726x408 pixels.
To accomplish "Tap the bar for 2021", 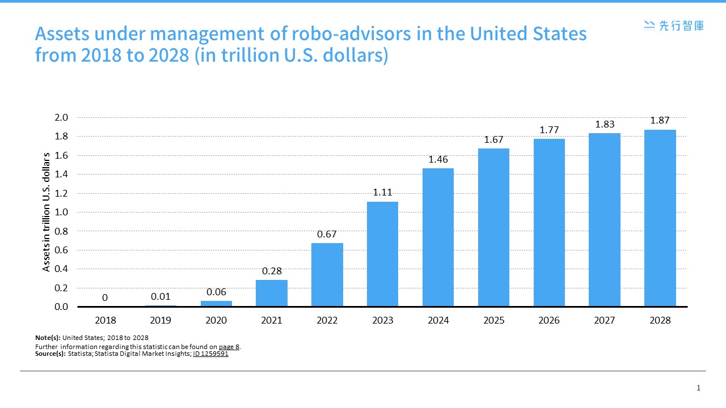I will [271, 293].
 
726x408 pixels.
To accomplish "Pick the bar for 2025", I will [493, 227].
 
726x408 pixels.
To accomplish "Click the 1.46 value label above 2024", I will [438, 160].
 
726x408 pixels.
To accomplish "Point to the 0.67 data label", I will [327, 234].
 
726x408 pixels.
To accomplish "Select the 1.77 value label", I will [549, 130].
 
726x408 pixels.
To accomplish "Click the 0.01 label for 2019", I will [161, 296].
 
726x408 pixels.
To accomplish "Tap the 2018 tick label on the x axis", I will [105, 321].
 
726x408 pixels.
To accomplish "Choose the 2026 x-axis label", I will [549, 321].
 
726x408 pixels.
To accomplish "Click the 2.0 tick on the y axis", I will [61, 118].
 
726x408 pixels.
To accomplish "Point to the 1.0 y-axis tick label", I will [61, 212].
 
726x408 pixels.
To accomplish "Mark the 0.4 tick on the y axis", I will [61, 269].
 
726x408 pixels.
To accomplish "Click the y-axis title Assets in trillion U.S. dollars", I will [47, 212].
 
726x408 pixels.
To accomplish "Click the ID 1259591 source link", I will [210, 354].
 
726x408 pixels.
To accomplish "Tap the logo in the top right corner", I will [674, 25].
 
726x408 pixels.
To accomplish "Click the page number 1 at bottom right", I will [698, 388].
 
